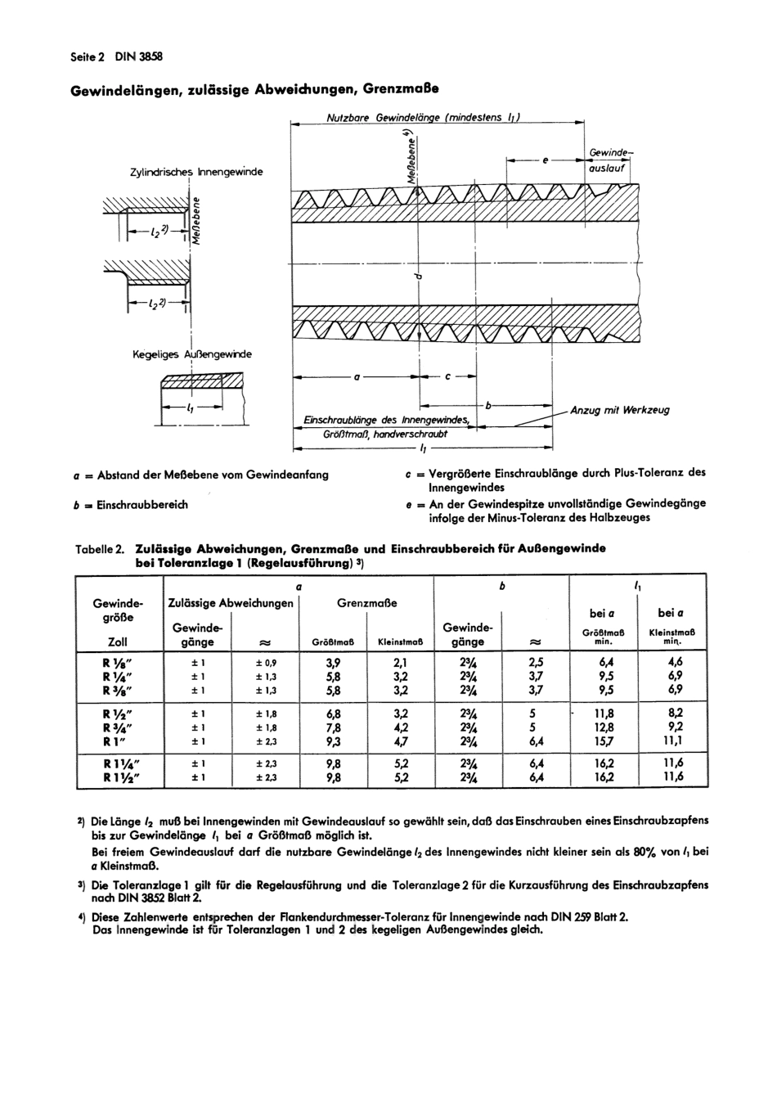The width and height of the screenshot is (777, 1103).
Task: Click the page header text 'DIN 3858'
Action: coord(138,56)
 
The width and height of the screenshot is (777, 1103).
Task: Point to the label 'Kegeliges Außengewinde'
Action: coord(192,354)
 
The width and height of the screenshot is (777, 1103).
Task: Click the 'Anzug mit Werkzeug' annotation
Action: coord(619,410)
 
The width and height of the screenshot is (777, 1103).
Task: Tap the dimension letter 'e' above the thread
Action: coord(545,160)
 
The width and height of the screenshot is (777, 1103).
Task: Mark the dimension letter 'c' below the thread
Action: coord(448,377)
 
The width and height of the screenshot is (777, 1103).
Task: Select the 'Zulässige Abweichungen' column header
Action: coord(231,603)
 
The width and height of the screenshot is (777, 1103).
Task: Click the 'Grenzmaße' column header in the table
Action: coord(366,603)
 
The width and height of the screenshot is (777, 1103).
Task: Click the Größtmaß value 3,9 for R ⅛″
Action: coord(333,663)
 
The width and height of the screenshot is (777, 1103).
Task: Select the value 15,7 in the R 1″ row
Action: coord(604,741)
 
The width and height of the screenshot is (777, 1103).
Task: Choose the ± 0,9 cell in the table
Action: coord(266,663)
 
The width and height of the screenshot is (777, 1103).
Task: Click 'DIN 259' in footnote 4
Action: coord(599,916)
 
